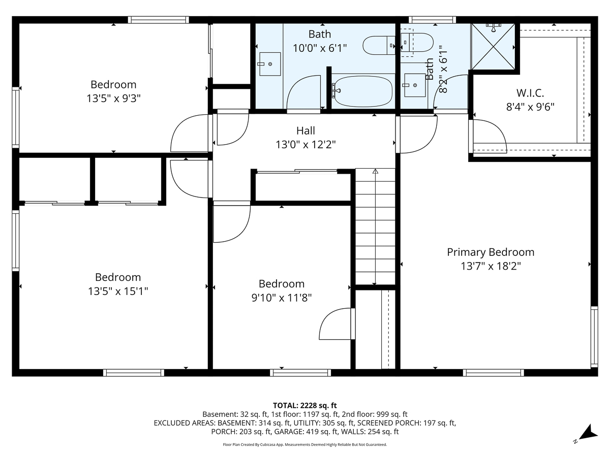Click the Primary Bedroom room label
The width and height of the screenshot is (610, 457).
pos(491,252)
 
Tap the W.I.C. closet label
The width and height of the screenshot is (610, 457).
pos(530,93)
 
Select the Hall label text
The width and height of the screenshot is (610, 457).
pos(306,131)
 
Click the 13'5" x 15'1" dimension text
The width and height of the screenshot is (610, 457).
pos(118,291)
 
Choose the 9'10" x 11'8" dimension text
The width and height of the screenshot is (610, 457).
pos(281,298)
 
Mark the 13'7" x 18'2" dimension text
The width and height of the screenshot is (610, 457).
pos(491,266)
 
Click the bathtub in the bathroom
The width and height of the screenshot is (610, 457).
pos(362,91)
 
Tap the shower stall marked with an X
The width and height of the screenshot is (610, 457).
pos(493,45)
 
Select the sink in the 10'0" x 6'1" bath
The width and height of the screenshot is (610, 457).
pos(270,64)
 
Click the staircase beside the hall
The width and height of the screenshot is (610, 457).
pos(375,226)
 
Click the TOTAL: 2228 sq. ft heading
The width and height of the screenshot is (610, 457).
pos(305,405)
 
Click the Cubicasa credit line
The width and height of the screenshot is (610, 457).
pos(305,444)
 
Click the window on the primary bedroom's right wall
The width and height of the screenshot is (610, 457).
pos(593,336)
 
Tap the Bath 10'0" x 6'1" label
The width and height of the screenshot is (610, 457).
pos(320,41)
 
